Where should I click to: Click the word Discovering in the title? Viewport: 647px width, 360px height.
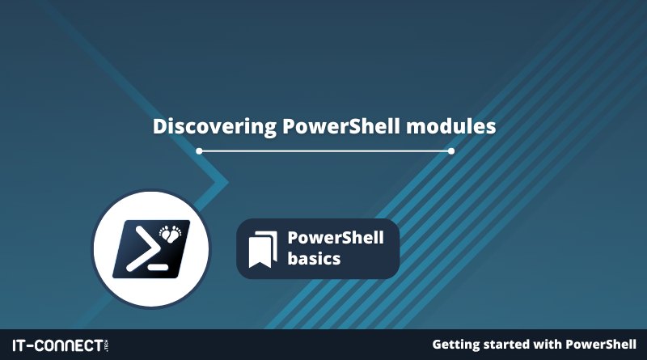click(214, 127)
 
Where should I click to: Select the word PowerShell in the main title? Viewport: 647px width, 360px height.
click(341, 126)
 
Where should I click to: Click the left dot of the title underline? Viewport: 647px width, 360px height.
click(199, 151)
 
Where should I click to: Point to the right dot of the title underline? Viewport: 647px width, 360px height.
click(451, 151)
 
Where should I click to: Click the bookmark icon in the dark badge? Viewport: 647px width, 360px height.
click(263, 249)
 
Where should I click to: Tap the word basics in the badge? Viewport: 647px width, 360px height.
click(314, 258)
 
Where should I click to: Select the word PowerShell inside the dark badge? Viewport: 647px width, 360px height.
click(336, 237)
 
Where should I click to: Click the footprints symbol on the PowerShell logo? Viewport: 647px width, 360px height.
click(171, 233)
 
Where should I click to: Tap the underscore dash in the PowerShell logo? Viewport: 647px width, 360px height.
click(158, 267)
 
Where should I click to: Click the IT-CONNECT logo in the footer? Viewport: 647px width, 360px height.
click(60, 345)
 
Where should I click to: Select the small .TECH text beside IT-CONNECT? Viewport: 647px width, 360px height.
click(107, 345)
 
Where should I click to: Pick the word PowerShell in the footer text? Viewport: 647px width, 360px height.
click(601, 344)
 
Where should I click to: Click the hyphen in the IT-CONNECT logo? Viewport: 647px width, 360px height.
click(29, 346)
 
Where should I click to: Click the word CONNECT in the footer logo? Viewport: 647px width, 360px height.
click(68, 345)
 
